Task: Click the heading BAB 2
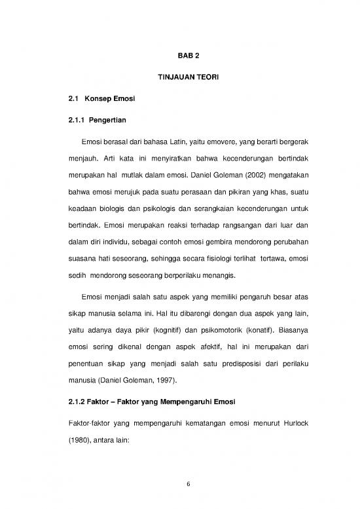click(179, 56)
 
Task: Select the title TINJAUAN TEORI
click(179, 78)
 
